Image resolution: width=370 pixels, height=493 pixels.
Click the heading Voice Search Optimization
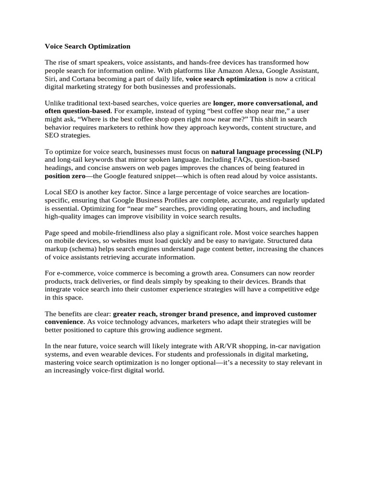(87, 47)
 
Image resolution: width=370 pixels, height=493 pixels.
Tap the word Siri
(51, 79)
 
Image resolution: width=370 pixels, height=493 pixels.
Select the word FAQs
(238, 160)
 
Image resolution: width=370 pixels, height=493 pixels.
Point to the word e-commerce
(77, 273)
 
